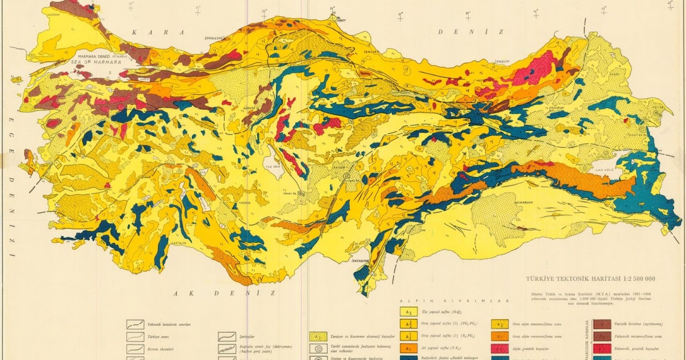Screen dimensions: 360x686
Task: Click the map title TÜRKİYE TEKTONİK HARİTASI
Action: coord(578,278)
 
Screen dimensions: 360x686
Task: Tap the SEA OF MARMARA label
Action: coord(97,62)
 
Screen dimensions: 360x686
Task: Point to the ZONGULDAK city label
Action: coord(212,38)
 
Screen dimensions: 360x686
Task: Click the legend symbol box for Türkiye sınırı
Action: coord(135,335)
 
